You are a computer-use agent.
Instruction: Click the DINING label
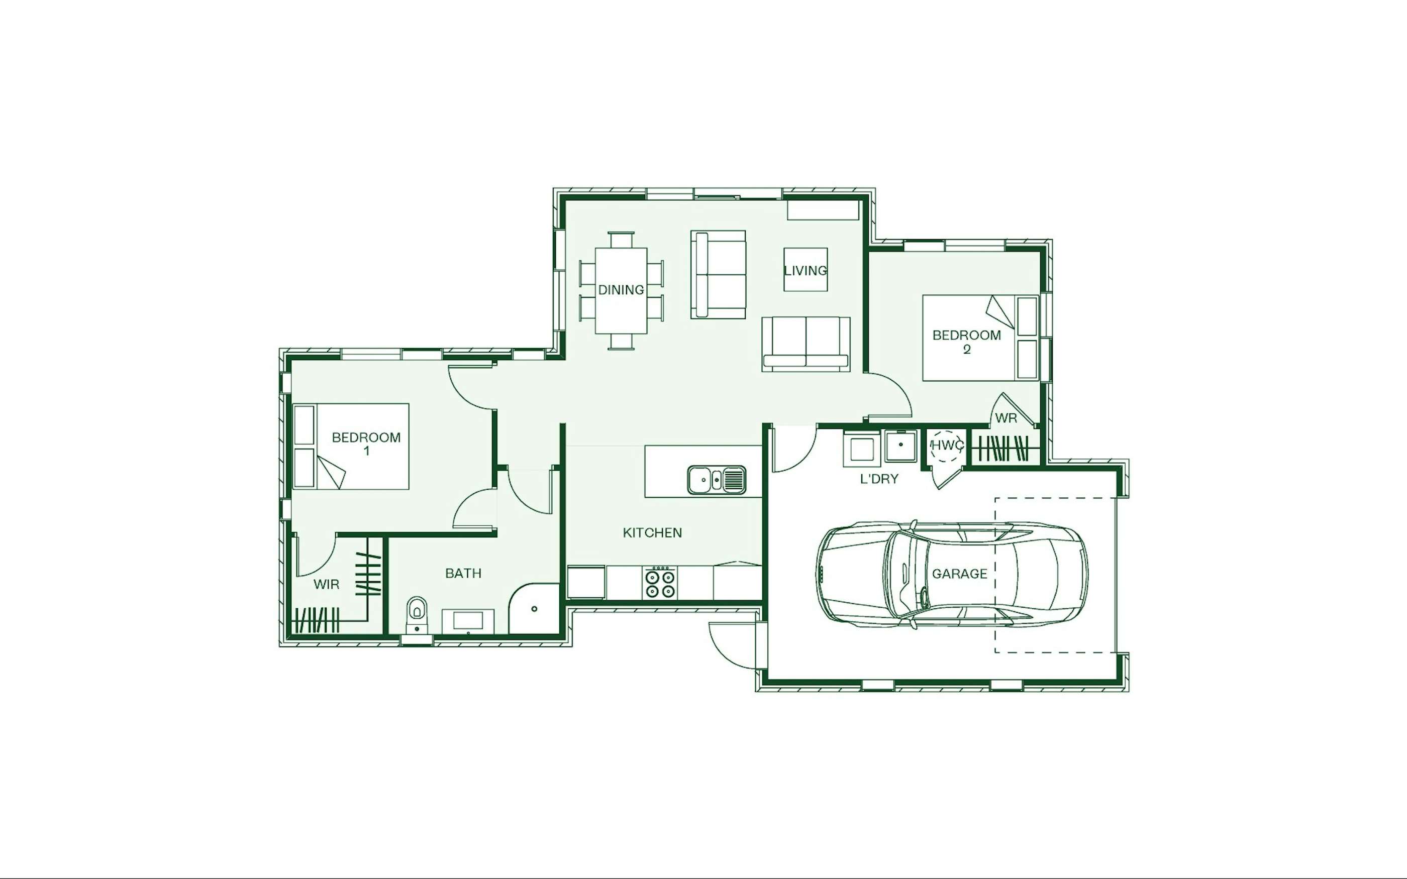[x=621, y=289]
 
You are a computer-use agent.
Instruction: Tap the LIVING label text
[x=805, y=270]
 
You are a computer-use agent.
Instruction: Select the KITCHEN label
[x=652, y=532]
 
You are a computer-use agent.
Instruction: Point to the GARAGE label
[x=959, y=574]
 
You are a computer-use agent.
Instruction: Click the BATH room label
[x=463, y=573]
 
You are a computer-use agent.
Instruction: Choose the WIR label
[x=326, y=584]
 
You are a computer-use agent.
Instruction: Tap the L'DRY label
[x=879, y=479]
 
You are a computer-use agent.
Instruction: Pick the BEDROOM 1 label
[x=366, y=444]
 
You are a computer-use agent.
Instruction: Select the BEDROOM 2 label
[x=966, y=342]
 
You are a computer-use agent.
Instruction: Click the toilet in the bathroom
[x=416, y=614]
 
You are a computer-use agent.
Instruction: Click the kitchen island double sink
[x=716, y=480]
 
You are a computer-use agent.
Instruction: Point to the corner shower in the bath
[x=533, y=609]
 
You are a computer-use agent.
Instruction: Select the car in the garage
[x=952, y=574]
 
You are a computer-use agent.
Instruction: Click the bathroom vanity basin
[x=468, y=621]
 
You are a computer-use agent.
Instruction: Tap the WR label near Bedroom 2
[x=1006, y=418]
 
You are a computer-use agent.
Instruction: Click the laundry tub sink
[x=900, y=446]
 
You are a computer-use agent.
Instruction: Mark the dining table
[x=621, y=291]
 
